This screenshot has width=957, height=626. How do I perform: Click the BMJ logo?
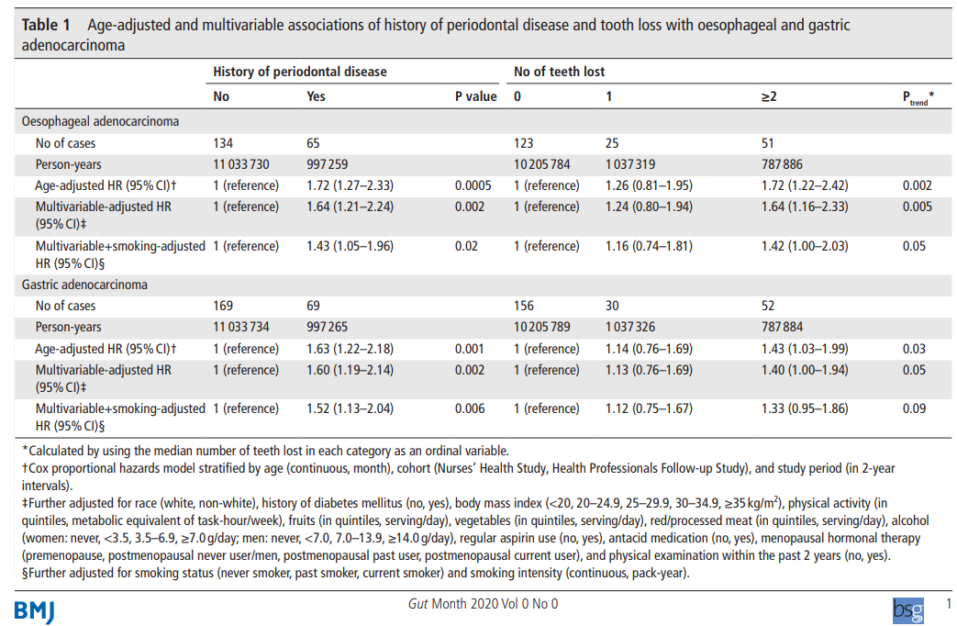tap(34, 611)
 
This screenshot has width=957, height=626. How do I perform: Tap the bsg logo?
tap(908, 610)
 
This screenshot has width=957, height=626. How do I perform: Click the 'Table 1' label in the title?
tap(46, 25)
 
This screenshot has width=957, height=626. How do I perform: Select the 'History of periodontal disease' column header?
tap(300, 72)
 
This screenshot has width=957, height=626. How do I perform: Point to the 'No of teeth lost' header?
tap(559, 72)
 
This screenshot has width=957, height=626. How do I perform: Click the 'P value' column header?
tap(476, 96)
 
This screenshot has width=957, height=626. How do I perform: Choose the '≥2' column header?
tap(769, 96)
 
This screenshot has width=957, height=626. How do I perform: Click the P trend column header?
tap(918, 97)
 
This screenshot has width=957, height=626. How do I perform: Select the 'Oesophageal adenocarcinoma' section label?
tap(101, 121)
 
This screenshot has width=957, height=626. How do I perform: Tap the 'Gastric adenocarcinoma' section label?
tap(84, 285)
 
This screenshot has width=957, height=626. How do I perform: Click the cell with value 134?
tap(223, 143)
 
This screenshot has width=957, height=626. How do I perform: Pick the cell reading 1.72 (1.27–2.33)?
tap(350, 185)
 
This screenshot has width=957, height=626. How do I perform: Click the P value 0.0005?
tap(473, 185)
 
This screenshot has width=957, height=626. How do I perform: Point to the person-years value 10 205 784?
tap(542, 164)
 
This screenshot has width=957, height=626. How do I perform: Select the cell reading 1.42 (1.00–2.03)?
tap(805, 246)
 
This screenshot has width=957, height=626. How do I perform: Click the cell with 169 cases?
tap(223, 306)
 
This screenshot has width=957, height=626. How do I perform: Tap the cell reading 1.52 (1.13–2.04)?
tap(350, 408)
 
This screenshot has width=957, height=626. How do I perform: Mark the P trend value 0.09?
tap(914, 408)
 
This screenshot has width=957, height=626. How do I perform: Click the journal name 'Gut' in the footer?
tap(418, 604)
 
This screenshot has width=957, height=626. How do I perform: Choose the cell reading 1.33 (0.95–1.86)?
tap(805, 408)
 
